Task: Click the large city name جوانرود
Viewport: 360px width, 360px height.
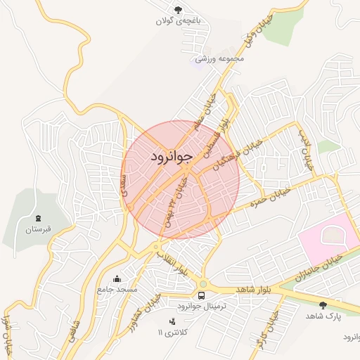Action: click(171, 158)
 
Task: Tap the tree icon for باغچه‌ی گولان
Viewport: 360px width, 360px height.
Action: click(178, 9)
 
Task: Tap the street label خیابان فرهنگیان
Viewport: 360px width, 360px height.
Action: click(238, 155)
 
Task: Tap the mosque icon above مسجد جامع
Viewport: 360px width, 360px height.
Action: click(117, 278)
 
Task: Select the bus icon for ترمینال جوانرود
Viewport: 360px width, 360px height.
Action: click(202, 295)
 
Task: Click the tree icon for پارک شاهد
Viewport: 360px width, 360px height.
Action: click(323, 304)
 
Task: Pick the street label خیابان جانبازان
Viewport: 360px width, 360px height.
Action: click(321, 268)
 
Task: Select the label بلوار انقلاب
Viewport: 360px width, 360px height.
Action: click(172, 260)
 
